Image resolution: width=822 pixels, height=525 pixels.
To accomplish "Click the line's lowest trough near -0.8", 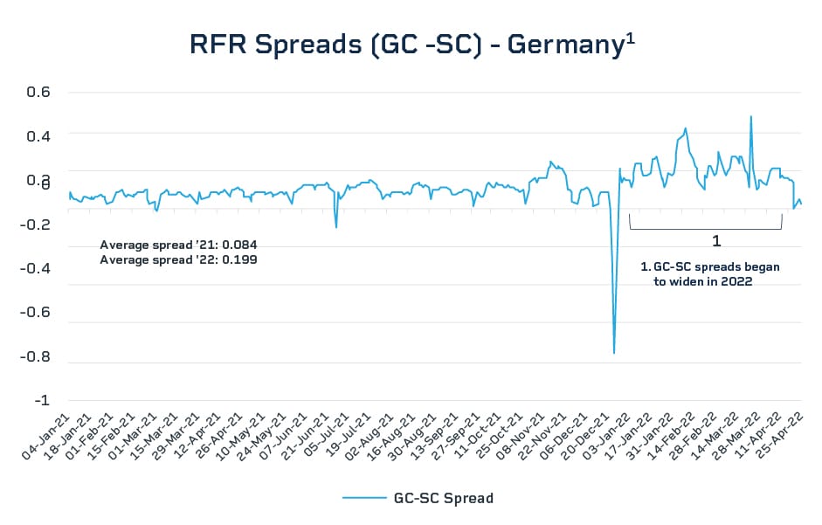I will point(614,353).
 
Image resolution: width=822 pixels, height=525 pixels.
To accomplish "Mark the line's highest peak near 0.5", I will point(750,116).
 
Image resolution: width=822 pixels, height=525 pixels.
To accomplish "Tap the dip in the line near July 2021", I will point(336,227).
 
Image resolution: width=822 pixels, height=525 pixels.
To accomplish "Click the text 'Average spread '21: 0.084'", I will point(178,245).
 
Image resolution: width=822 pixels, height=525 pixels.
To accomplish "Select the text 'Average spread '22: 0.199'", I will point(178,259).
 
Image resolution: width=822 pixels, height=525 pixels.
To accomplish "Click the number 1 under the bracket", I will point(715,240).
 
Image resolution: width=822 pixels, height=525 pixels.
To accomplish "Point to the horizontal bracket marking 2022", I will point(705,228).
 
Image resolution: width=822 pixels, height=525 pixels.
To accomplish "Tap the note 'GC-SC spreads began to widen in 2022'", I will point(709,274).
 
